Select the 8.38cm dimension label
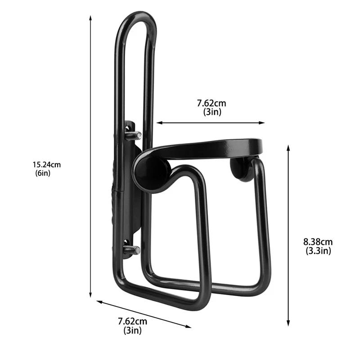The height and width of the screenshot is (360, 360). pos(318,243)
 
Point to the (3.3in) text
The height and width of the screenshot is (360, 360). pos(318,251)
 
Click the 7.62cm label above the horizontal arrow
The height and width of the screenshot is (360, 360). pos(211,103)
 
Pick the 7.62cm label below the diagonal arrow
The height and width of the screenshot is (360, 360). pos(132,321)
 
